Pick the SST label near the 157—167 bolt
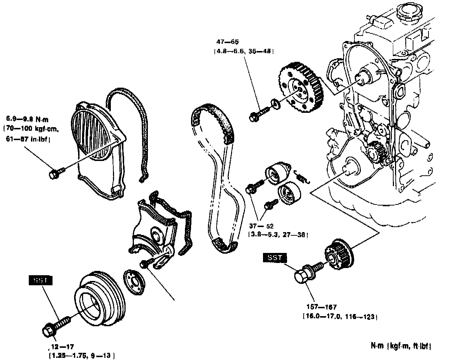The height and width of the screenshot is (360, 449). (x=276, y=258)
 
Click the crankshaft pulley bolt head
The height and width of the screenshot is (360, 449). (x=49, y=330)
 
